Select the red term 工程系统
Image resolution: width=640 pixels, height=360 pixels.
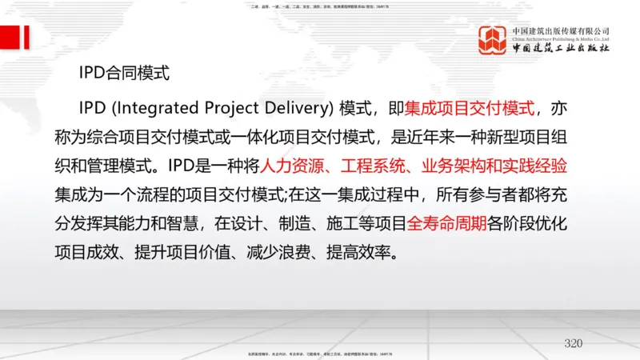pos(370,166)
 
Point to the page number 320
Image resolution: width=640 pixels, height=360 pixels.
pos(573,343)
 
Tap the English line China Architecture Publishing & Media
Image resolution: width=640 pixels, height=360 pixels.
pos(562,37)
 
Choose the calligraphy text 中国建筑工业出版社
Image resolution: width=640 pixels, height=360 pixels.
pos(562,49)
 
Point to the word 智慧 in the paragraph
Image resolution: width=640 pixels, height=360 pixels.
pos(202,225)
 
